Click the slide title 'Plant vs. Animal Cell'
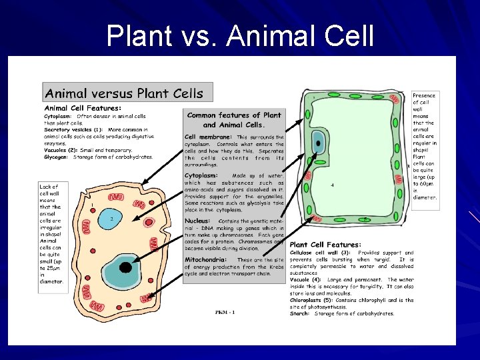[240, 36]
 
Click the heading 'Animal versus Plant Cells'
[123, 93]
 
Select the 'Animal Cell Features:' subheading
[83, 107]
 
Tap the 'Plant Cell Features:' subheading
[325, 245]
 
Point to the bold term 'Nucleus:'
[197, 221]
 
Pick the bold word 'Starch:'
[299, 313]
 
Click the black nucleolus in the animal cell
[125, 268]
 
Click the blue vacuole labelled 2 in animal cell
[112, 218]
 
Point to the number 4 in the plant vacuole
[332, 185]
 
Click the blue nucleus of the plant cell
[318, 144]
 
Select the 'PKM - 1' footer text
[225, 312]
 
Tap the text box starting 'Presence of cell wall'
[425, 146]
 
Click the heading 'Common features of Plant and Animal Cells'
[234, 119]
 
